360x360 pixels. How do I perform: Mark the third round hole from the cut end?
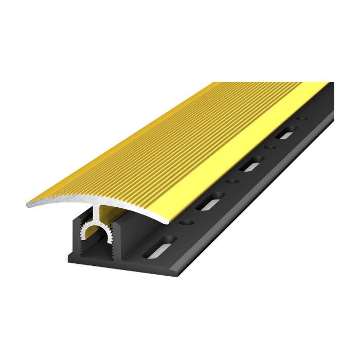point(267,150)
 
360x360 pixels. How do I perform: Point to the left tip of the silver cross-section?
point(29,204)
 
